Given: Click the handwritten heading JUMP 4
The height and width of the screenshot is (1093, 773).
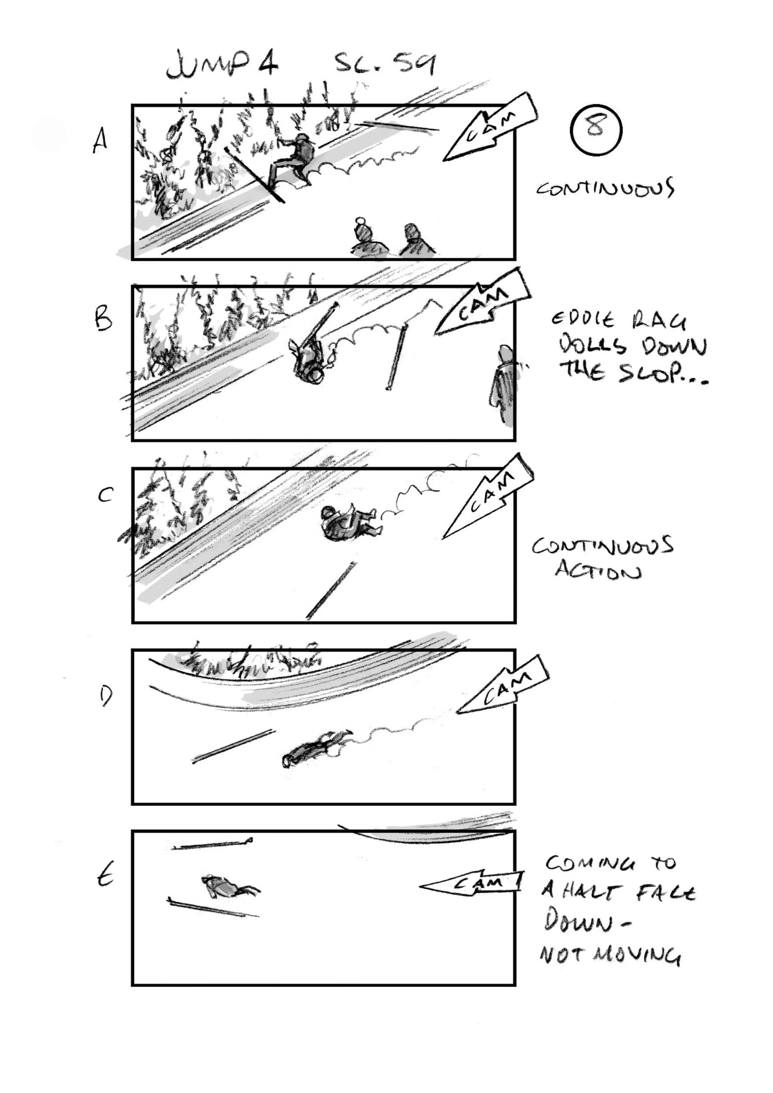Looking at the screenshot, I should coord(222,66).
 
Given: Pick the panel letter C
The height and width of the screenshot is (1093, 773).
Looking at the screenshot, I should coord(105,496).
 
